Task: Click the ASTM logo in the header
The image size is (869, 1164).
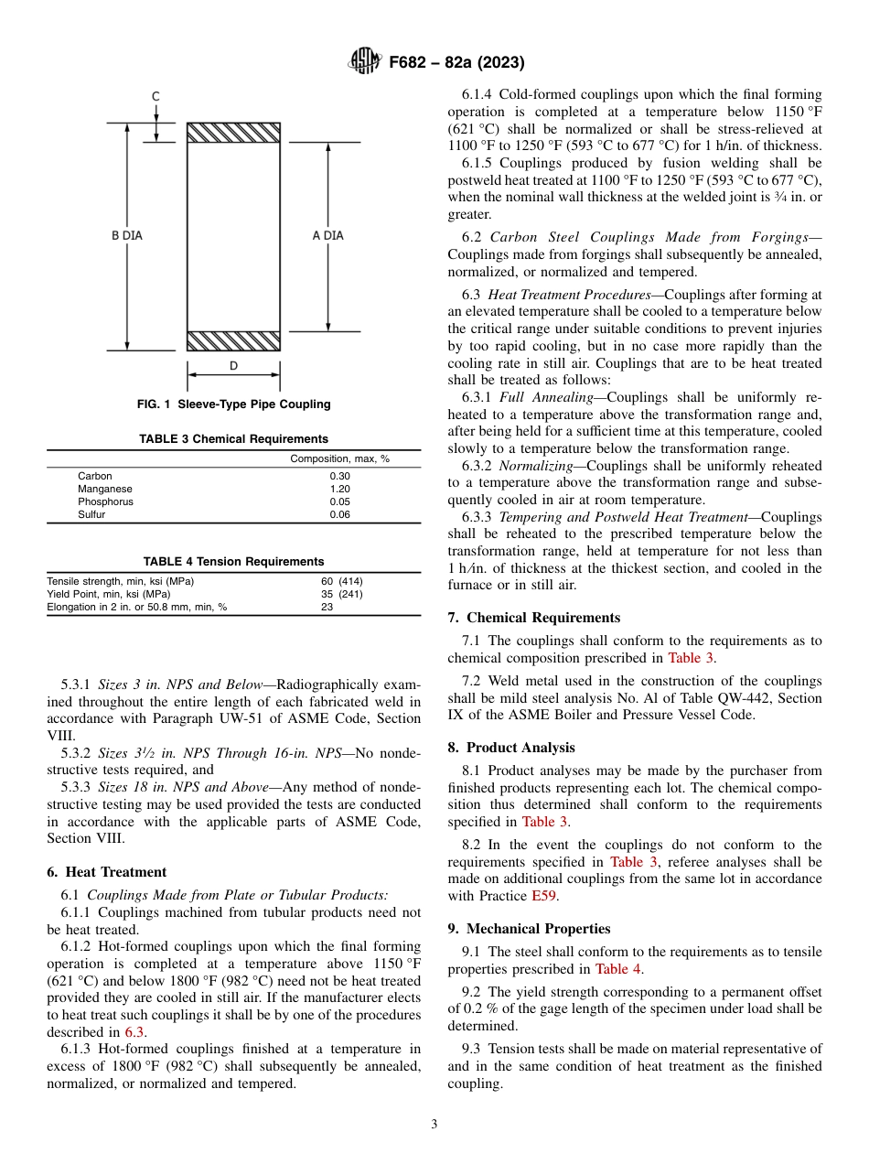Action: pos(366,62)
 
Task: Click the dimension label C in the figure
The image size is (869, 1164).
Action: pos(156,96)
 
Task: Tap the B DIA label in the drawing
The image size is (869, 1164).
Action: pos(127,235)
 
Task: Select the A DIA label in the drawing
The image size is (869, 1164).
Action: pos(327,235)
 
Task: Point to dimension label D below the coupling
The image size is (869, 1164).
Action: pos(233,366)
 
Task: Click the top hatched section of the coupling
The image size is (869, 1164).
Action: pos(233,133)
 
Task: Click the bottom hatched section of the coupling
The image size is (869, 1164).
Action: pos(233,340)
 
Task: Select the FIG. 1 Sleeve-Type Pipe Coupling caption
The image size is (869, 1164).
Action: pos(233,404)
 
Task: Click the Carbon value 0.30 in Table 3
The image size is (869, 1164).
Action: pos(339,476)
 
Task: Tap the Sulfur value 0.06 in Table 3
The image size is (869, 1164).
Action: pos(339,514)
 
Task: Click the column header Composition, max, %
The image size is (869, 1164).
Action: pos(339,458)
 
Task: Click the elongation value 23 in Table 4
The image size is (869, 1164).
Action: pos(327,607)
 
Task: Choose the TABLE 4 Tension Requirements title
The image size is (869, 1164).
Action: pos(233,561)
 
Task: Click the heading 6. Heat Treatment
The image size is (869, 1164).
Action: pos(107,872)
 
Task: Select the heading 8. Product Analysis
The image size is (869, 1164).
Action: pos(511,748)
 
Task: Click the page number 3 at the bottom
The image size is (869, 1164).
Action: pos(434,1124)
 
